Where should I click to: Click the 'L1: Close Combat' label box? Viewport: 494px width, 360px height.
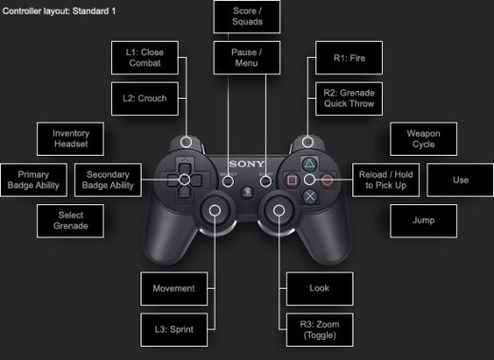tap(144, 56)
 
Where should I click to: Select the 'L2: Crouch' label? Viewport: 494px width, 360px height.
tap(144, 98)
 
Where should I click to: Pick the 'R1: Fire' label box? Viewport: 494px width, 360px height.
tap(346, 56)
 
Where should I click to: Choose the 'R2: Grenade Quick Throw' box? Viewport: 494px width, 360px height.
tap(346, 98)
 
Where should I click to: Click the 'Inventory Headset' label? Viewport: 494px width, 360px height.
tap(70, 139)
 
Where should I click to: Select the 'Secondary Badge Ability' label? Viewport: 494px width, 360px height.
tap(109, 180)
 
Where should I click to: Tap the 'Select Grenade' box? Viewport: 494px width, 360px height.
tap(70, 220)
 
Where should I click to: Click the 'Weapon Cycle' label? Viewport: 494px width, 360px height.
tap(423, 139)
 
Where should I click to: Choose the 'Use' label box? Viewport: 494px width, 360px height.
tap(460, 180)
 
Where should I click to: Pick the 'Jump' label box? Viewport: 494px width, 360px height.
tap(423, 220)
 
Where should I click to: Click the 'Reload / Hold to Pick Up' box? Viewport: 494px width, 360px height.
tap(384, 180)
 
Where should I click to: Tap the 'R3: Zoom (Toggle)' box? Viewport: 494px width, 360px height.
tap(321, 329)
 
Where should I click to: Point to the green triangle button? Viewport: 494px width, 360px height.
tap(309, 162)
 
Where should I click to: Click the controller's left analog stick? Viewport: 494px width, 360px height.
tap(215, 209)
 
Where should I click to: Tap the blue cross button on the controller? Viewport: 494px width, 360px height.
tap(309, 197)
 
